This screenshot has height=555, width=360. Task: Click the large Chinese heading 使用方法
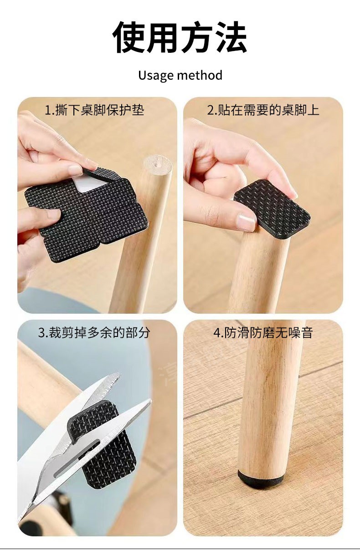coord(180,37)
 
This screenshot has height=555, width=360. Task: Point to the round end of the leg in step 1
coord(158,164)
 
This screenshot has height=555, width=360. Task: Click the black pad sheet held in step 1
coord(87,214)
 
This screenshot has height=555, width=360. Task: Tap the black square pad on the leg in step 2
coord(272,209)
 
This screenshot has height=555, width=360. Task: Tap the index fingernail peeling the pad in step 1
coord(75,170)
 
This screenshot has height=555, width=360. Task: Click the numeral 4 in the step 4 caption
coord(217,333)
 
